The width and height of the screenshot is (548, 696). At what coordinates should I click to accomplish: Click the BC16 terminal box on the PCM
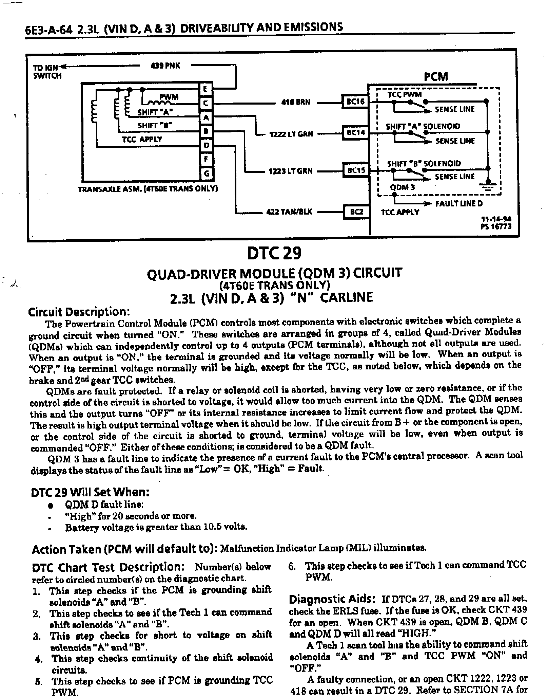tap(355, 102)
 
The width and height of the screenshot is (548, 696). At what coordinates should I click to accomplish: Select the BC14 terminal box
tap(355, 132)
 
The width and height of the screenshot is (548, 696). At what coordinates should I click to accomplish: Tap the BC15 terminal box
tap(355, 170)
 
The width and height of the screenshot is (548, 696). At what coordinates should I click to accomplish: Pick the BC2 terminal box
tap(356, 212)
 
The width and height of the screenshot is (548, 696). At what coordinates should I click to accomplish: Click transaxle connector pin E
tap(206, 89)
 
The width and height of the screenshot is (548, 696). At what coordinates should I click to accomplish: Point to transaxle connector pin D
tap(206, 146)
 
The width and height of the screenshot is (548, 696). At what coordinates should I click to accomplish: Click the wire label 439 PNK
tap(165, 66)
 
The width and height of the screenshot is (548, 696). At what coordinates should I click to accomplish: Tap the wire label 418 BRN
tap(296, 102)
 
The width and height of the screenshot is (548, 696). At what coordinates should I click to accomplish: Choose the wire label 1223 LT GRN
tap(291, 171)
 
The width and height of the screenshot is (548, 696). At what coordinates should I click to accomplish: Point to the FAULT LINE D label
tap(459, 204)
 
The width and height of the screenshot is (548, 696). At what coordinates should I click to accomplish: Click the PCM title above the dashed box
tap(436, 76)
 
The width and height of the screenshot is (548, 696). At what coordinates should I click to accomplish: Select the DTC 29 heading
tap(274, 253)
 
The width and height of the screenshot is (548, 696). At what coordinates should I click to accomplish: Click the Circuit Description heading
tap(79, 311)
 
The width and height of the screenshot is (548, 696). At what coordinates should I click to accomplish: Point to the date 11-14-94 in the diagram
tap(495, 219)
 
